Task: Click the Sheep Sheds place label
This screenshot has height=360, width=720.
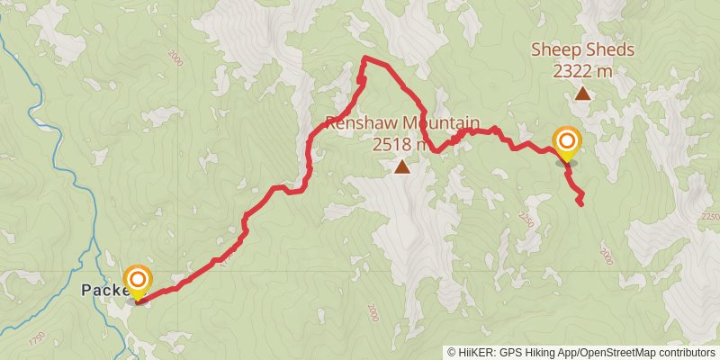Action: (582, 49)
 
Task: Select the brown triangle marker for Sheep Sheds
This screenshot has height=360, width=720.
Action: (582, 93)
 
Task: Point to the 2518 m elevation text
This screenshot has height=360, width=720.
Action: (401, 143)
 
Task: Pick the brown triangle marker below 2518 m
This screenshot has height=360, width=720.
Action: (401, 166)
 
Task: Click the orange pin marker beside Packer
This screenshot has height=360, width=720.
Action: (137, 281)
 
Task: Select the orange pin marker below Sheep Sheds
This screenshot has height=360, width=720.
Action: (567, 143)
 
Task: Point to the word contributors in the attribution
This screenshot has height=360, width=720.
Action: (687, 352)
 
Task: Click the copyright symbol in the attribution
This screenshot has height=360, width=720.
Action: (452, 352)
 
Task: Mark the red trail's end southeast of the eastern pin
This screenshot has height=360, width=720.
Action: (580, 204)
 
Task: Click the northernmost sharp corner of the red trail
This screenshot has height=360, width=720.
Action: (364, 58)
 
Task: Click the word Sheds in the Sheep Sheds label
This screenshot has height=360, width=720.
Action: (612, 49)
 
